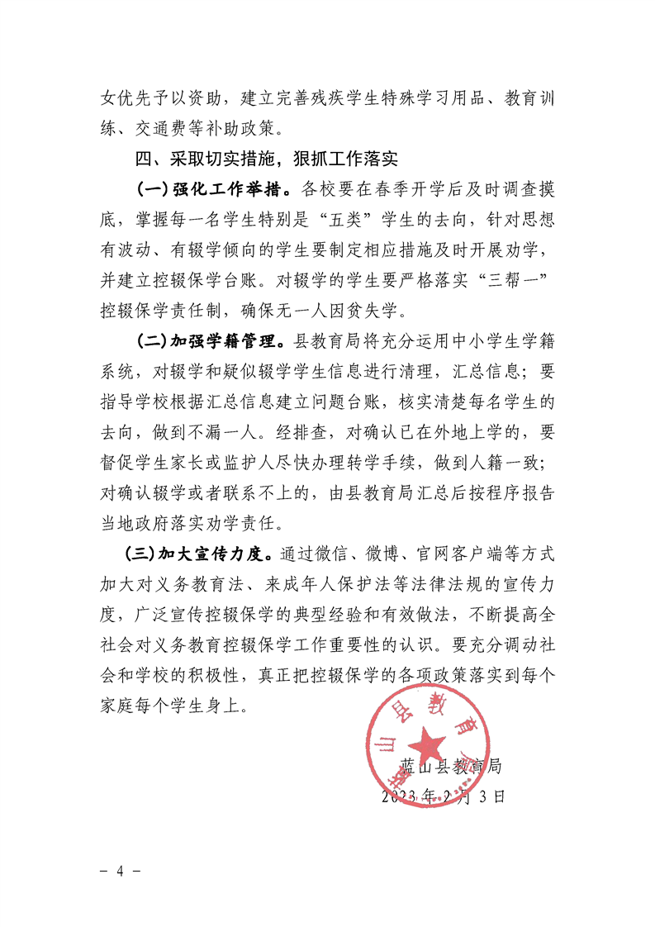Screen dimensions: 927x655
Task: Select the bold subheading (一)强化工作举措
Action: (213, 189)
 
